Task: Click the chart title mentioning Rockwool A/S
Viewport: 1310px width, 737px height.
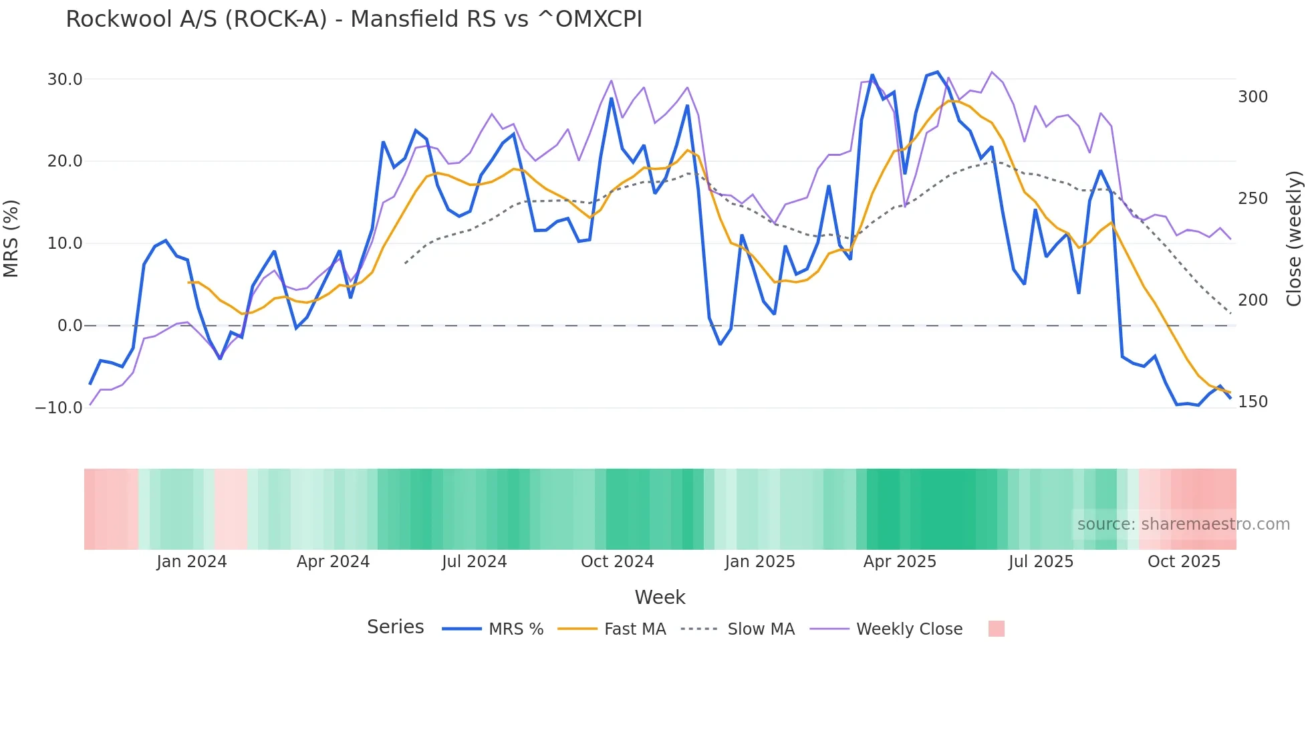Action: pyautogui.click(x=354, y=19)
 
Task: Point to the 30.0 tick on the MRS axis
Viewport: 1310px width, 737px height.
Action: pyautogui.click(x=65, y=80)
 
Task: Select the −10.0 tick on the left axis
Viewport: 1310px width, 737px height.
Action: pyautogui.click(x=59, y=408)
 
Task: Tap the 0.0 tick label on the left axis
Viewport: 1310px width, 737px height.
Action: pyautogui.click(x=70, y=326)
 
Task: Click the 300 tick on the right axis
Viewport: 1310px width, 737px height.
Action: pyautogui.click(x=1253, y=97)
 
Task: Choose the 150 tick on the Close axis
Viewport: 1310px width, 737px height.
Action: pyautogui.click(x=1253, y=402)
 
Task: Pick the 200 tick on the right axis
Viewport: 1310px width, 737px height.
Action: pyautogui.click(x=1253, y=300)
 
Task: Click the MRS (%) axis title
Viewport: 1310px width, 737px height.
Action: pyautogui.click(x=11, y=238)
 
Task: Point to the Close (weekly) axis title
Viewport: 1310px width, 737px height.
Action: pyautogui.click(x=1294, y=238)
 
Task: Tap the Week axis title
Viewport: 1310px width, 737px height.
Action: pyautogui.click(x=660, y=597)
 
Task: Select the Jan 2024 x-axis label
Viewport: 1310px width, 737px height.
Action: pyautogui.click(x=192, y=562)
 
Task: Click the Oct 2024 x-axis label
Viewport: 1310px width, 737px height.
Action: pyautogui.click(x=617, y=562)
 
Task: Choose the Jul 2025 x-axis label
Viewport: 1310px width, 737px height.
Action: pyautogui.click(x=1041, y=562)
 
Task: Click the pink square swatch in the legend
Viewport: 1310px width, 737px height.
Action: pyautogui.click(x=996, y=629)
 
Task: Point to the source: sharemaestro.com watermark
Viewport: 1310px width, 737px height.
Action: pyautogui.click(x=1183, y=524)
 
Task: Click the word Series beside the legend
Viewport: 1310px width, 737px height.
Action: pyautogui.click(x=395, y=627)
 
